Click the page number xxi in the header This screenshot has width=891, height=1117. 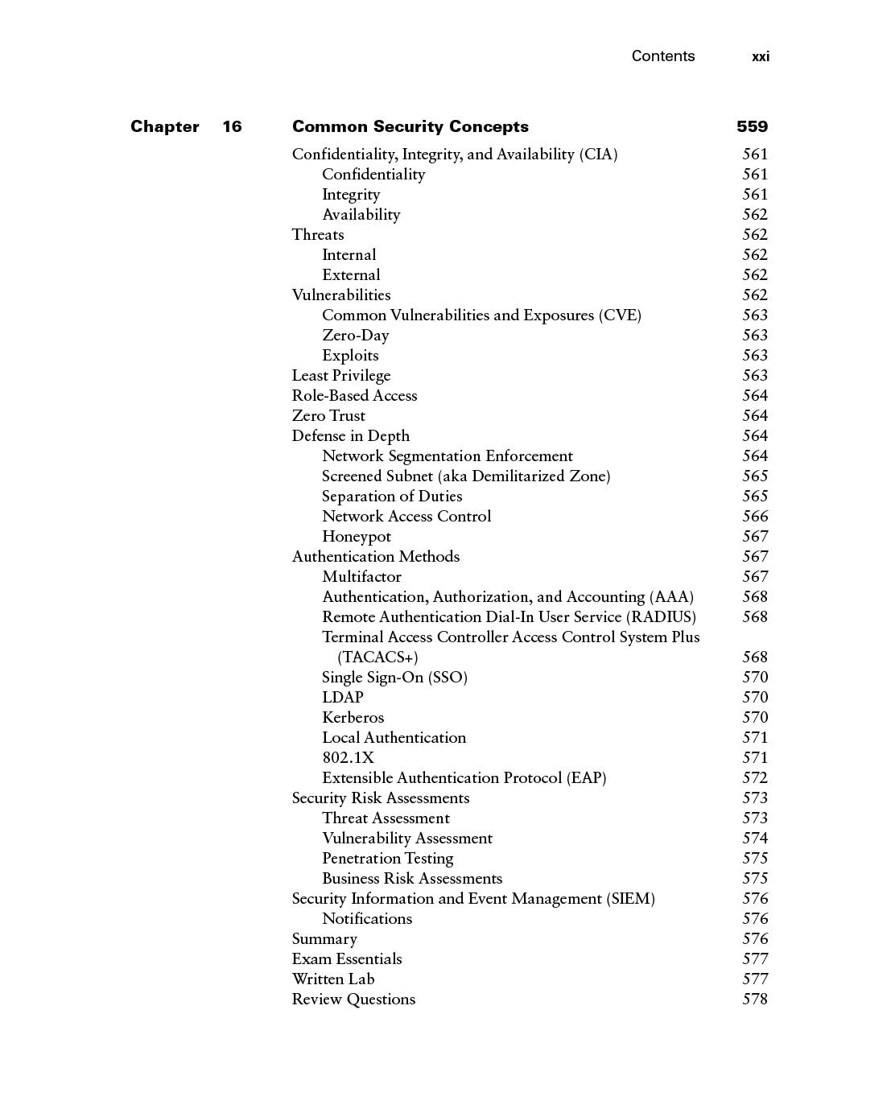pos(760,56)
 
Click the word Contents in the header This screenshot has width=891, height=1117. pos(662,56)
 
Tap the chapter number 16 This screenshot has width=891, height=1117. pos(232,126)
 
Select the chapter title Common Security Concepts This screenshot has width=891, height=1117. pos(410,126)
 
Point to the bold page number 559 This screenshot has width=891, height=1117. pos(752,126)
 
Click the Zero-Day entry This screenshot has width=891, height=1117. pos(355,336)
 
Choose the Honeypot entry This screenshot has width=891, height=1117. pos(356,537)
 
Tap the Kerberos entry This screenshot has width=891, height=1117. pos(353,718)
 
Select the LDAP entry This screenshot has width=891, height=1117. pos(342,698)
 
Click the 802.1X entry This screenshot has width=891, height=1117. pos(348,758)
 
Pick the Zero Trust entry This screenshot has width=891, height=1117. pos(328,416)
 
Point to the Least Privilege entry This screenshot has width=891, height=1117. pos(341,376)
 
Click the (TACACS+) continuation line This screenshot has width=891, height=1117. pos(377,657)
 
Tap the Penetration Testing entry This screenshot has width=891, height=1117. pos(387,859)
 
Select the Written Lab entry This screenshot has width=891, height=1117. pos(333,979)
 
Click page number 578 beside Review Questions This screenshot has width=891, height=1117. pos(755,1000)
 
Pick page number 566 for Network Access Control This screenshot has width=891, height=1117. pos(755,517)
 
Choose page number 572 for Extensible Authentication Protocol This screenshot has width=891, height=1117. pos(755,778)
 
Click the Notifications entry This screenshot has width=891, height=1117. pos(367,919)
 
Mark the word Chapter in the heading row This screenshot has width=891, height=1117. pos(165,126)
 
